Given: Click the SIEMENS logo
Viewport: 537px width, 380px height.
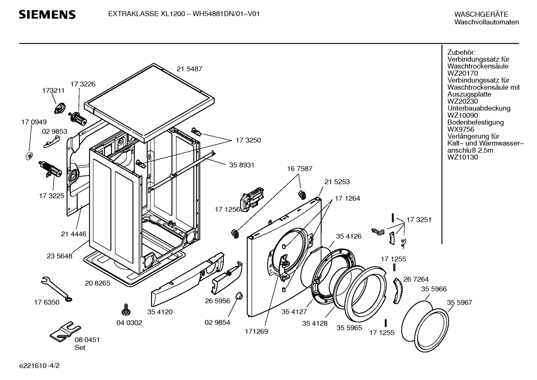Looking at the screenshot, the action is pyautogui.click(x=47, y=15).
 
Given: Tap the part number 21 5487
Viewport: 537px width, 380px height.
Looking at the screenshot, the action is pyautogui.click(x=190, y=69).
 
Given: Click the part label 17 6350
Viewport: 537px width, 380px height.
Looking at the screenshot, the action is pyautogui.click(x=47, y=302).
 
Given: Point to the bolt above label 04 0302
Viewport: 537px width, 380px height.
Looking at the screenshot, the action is pyautogui.click(x=126, y=310).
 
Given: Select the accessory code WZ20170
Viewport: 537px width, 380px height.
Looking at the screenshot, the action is pyautogui.click(x=463, y=73).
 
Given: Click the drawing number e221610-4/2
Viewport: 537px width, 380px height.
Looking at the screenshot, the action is pyautogui.click(x=39, y=365).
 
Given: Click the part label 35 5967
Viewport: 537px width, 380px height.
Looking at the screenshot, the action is pyautogui.click(x=459, y=302).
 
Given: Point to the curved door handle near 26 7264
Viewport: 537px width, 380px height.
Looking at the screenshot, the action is pyautogui.click(x=398, y=291).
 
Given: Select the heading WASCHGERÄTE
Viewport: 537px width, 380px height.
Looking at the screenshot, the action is pyautogui.click(x=481, y=15).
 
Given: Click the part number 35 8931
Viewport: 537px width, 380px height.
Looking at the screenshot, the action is pyautogui.click(x=242, y=165).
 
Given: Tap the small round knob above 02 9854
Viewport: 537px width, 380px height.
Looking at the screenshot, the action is pyautogui.click(x=239, y=296).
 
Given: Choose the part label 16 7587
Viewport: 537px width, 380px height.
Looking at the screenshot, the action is pyautogui.click(x=300, y=169).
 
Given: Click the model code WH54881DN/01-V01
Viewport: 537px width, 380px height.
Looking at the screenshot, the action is pyautogui.click(x=226, y=14).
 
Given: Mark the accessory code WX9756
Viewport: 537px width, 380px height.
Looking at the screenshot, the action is pyautogui.click(x=461, y=129).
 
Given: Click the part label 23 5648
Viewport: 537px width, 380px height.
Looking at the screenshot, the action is pyautogui.click(x=60, y=256).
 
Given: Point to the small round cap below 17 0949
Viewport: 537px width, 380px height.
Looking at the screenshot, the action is pyautogui.click(x=29, y=156).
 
